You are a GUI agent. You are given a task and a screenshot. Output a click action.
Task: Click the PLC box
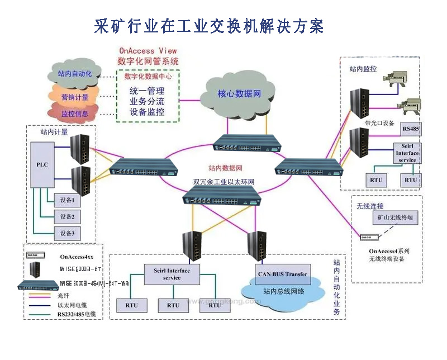[x=42, y=164]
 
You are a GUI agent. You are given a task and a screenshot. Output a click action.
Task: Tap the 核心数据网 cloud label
[x=239, y=93]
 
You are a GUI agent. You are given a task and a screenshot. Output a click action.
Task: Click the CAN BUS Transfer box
[x=282, y=274]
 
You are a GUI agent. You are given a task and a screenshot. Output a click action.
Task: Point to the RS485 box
[x=411, y=129]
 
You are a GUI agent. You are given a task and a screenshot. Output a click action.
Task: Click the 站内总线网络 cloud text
[x=283, y=291]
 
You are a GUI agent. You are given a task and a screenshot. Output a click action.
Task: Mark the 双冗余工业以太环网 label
[x=223, y=182]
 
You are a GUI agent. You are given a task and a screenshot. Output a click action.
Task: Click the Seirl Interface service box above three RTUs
[x=172, y=274]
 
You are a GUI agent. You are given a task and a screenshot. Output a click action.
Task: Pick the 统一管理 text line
[x=147, y=91]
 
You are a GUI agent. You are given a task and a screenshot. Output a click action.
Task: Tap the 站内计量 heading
[x=54, y=132]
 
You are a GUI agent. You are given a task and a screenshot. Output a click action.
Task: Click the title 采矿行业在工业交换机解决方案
[x=210, y=26]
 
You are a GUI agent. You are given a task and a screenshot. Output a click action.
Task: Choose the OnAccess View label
[x=148, y=51]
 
